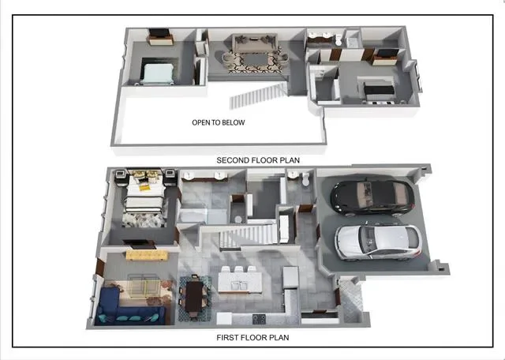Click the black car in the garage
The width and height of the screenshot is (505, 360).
point(372,197)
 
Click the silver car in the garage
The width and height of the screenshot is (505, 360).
point(379,242)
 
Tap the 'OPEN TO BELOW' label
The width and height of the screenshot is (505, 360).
point(219,122)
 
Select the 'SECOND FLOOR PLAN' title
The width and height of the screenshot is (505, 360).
point(258,160)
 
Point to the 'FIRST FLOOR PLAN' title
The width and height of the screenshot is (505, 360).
point(252,337)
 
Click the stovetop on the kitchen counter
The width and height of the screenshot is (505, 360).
point(259,319)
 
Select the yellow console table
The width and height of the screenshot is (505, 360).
point(147,255)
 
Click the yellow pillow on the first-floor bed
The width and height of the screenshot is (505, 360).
point(144,187)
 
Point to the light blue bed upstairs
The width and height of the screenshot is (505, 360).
point(159,73)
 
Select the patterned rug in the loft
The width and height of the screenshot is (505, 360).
point(255,60)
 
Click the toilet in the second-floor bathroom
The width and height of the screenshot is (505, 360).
point(339,40)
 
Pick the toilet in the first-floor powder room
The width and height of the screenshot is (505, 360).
point(305,179)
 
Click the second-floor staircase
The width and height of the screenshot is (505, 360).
point(258,96)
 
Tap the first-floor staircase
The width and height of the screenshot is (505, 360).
point(249,236)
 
